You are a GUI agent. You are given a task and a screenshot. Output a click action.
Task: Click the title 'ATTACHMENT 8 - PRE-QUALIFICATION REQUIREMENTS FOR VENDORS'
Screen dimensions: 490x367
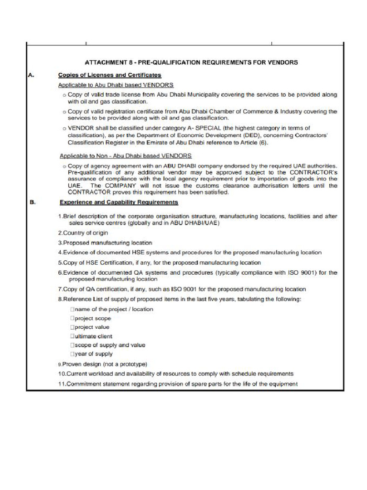(x=191, y=62)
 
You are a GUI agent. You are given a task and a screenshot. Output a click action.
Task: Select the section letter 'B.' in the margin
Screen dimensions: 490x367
(x=32, y=202)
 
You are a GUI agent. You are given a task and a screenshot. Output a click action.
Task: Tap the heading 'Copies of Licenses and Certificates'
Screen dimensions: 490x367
(x=109, y=75)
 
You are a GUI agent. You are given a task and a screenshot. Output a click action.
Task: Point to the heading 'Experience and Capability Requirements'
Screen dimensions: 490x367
(x=119, y=202)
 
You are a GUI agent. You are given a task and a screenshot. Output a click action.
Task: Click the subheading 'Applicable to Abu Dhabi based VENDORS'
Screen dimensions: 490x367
(x=116, y=85)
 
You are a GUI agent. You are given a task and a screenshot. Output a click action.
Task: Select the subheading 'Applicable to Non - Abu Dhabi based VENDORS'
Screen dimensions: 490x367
(x=125, y=156)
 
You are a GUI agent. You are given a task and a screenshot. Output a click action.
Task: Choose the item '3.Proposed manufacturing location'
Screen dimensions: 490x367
(x=105, y=243)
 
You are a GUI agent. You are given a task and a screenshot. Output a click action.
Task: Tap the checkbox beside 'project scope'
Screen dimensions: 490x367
(x=72, y=318)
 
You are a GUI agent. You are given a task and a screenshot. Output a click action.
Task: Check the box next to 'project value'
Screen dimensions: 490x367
(x=72, y=327)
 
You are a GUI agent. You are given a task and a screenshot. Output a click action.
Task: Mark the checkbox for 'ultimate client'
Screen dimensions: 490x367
(x=72, y=336)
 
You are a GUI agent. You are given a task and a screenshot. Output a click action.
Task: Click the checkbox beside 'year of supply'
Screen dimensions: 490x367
(x=72, y=354)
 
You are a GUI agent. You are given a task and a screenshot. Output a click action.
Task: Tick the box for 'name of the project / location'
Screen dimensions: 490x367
(x=72, y=309)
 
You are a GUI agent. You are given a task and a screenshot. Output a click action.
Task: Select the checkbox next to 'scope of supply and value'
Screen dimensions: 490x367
(x=72, y=345)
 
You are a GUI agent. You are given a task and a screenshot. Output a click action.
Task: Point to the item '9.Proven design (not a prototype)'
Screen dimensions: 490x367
(x=102, y=364)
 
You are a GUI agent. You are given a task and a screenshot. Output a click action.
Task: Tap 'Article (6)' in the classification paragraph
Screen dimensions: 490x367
(x=255, y=143)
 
